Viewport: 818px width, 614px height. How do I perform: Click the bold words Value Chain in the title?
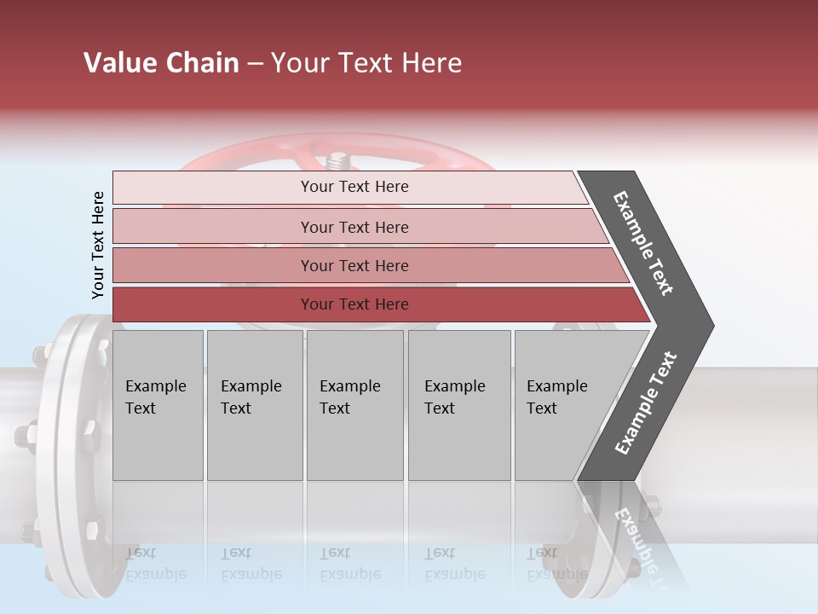(x=161, y=63)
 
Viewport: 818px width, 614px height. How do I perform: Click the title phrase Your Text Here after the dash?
(x=366, y=63)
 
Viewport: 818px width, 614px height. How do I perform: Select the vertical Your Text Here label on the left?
(x=98, y=246)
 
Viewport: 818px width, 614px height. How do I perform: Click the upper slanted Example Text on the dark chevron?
(x=643, y=243)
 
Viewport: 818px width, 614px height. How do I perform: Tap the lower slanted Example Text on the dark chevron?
(x=646, y=403)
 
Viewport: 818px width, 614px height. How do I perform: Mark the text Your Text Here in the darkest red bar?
(x=354, y=304)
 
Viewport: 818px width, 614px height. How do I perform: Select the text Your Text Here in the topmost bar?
(x=354, y=187)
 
